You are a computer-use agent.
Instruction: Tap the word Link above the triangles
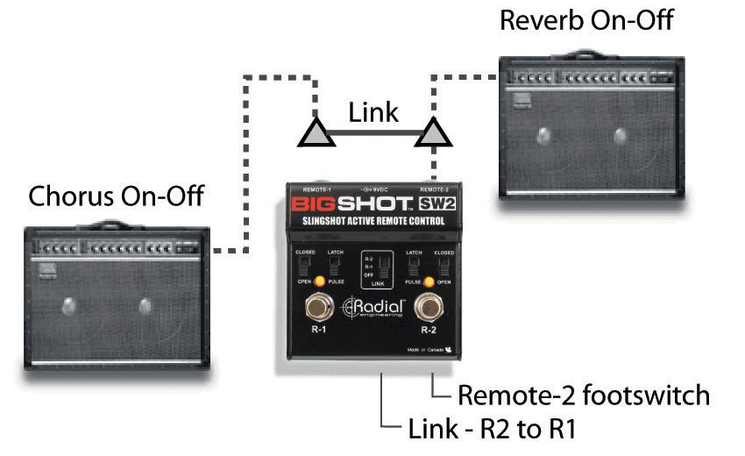372,112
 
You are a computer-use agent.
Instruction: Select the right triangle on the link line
435,134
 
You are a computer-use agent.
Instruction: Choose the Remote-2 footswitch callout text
584,395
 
